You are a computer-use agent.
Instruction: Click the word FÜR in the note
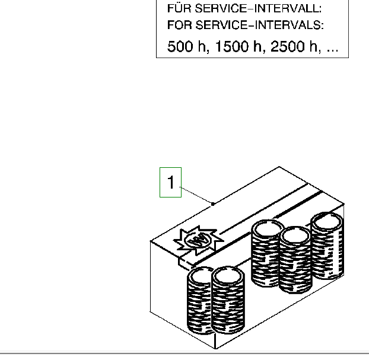point(179,8)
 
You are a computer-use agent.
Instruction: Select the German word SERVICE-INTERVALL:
point(258,8)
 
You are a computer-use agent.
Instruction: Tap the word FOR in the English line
point(180,25)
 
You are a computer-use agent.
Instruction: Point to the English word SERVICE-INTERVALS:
point(260,25)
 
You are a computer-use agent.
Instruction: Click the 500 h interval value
point(188,46)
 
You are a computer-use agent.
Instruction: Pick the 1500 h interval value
point(238,46)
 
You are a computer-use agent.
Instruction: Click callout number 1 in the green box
point(171,182)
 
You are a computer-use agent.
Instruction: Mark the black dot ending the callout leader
point(213,204)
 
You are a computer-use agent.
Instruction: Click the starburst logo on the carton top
point(198,240)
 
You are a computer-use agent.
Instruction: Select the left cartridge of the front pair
point(200,300)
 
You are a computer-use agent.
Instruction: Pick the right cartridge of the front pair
point(228,300)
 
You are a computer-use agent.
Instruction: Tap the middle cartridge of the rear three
point(295,260)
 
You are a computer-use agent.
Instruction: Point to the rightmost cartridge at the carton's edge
point(327,246)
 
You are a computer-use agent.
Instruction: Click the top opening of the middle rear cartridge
point(295,236)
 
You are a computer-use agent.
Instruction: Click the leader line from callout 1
point(196,195)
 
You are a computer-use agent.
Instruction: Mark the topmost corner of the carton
point(279,166)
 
